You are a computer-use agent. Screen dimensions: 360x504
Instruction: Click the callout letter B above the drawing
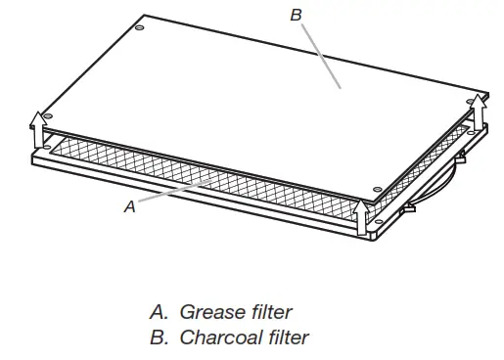click(297, 15)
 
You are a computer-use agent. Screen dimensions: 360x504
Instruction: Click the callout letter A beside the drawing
click(129, 207)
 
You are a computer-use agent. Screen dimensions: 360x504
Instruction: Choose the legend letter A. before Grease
click(159, 313)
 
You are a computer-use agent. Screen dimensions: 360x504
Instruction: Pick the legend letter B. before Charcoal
click(159, 338)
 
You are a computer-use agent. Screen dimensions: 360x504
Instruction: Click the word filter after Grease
click(269, 313)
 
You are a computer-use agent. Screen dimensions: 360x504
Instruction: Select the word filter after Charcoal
click(285, 338)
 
